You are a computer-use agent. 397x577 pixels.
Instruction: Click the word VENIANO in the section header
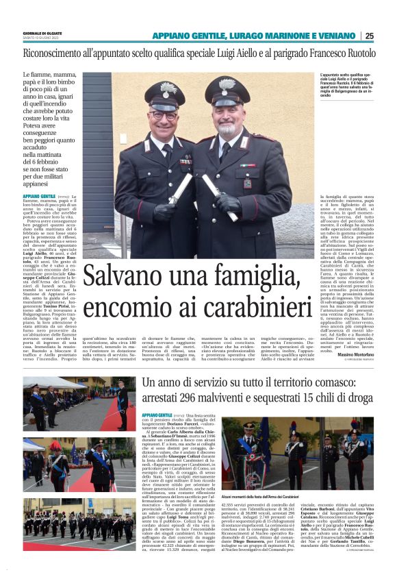click(x=332, y=36)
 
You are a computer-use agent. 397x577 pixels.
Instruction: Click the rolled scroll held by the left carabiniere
click(x=181, y=188)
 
